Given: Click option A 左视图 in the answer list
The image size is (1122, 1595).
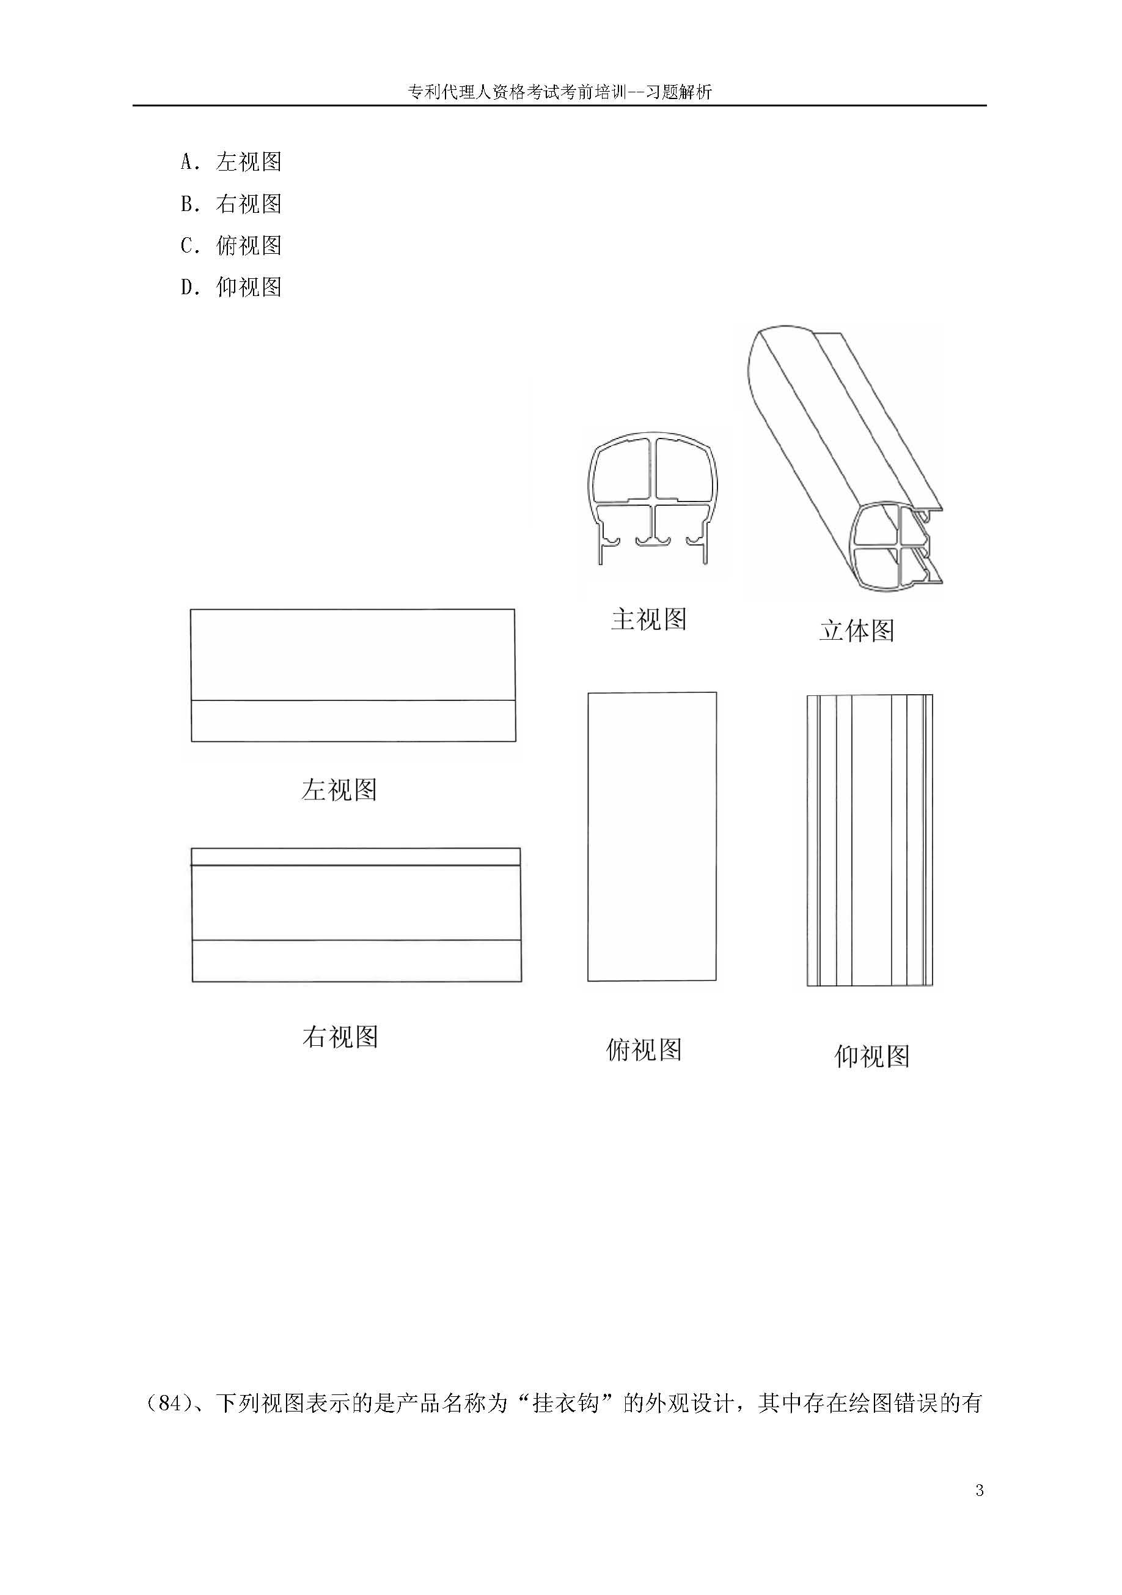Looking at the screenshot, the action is [x=231, y=162].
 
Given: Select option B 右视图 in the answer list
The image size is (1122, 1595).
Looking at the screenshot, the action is [x=231, y=204].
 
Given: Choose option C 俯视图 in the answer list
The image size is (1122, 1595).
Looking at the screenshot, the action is [x=231, y=245].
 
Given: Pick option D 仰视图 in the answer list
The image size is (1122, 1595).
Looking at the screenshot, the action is [x=231, y=287].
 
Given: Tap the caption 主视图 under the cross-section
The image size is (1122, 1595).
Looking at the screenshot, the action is [x=648, y=619].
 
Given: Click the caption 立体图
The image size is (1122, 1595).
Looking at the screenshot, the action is [x=857, y=630].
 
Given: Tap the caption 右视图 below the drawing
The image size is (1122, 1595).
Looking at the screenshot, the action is [x=340, y=1037].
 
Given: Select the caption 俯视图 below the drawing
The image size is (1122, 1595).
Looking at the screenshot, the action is [x=644, y=1049].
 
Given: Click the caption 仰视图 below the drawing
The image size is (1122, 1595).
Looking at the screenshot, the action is [x=872, y=1056].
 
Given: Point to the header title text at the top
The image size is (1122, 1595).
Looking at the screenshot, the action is [x=560, y=92].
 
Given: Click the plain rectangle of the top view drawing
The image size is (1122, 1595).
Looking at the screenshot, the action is [x=652, y=837].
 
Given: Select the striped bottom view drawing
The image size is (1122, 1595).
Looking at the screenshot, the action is [x=869, y=840].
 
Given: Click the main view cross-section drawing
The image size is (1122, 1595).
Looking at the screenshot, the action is [x=652, y=500].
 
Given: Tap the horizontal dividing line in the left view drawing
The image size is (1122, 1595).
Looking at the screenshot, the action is [x=353, y=700].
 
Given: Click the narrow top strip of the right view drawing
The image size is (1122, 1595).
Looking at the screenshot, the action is [x=356, y=857].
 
